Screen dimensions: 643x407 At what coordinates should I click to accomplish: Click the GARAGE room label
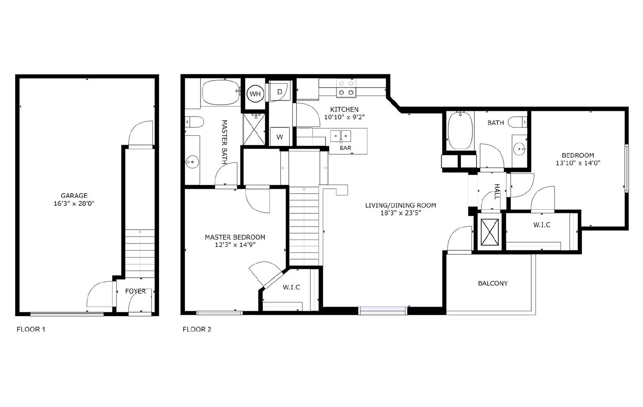[x=74, y=196]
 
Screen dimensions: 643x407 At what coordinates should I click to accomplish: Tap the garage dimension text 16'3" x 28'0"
[x=74, y=203]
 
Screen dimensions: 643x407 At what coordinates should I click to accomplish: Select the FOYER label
[x=135, y=291]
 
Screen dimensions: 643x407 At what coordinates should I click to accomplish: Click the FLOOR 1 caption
[x=31, y=329]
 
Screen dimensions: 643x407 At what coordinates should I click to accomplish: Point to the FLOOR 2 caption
[x=197, y=329]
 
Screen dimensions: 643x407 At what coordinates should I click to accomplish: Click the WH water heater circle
[x=255, y=94]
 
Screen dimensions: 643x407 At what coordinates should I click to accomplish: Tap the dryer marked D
[x=280, y=92]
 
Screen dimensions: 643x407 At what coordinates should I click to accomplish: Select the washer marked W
[x=280, y=137]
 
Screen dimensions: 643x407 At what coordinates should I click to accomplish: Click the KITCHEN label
[x=344, y=110]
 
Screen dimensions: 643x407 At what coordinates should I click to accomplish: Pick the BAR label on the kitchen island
[x=346, y=148]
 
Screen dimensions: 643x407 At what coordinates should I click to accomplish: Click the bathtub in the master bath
[x=221, y=92]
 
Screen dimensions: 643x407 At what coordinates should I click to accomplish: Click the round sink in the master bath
[x=192, y=162]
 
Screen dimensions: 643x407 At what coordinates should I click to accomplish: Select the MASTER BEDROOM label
[x=235, y=237]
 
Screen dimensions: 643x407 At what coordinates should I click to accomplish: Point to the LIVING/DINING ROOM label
[x=401, y=206]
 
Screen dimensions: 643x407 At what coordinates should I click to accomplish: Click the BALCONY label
[x=493, y=284]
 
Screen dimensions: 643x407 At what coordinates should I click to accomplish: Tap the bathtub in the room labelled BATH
[x=460, y=131]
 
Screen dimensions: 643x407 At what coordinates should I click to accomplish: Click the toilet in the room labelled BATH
[x=518, y=122]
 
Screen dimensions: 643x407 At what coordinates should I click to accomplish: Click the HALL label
[x=497, y=192]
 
